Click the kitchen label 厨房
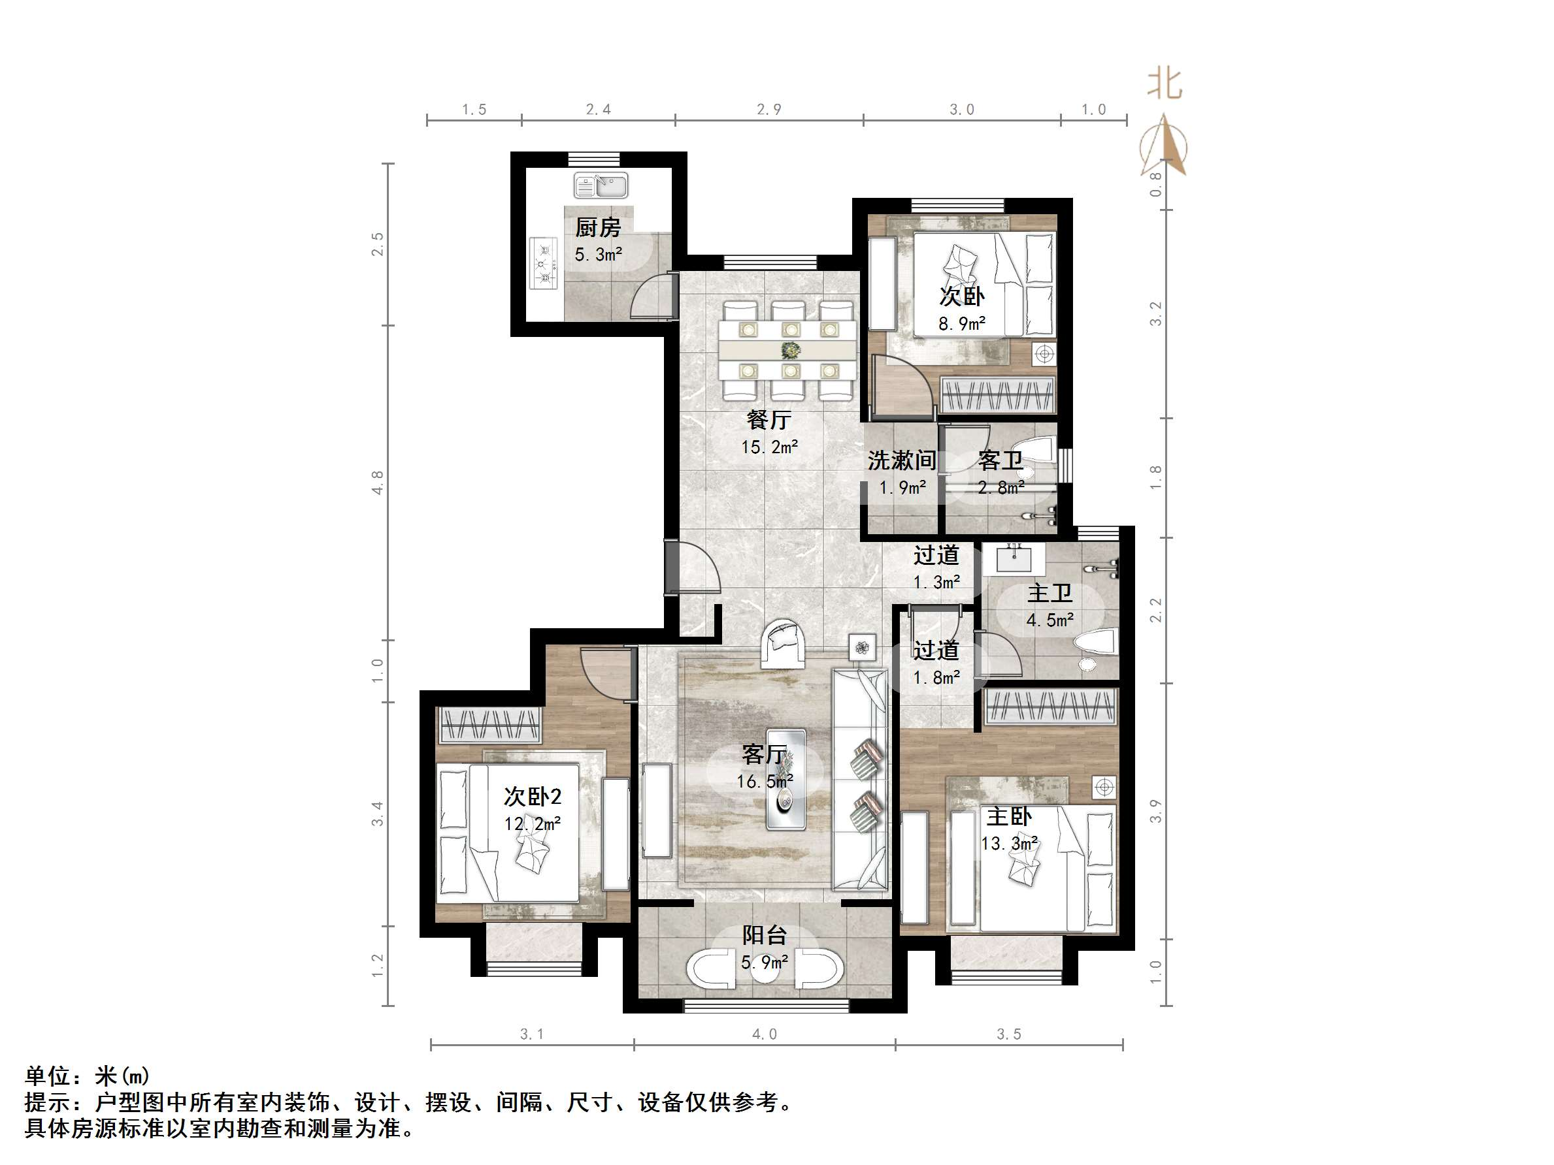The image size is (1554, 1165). pyautogui.click(x=598, y=228)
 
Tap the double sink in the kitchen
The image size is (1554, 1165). pyautogui.click(x=601, y=186)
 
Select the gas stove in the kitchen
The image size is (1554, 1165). pyautogui.click(x=544, y=264)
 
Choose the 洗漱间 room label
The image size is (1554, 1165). pyautogui.click(x=901, y=460)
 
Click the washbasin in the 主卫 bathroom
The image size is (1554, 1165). pyautogui.click(x=1014, y=560)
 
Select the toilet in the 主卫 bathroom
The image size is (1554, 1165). pyautogui.click(x=1095, y=644)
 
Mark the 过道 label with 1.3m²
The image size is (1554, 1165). pyautogui.click(x=936, y=556)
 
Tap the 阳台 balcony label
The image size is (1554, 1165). pyautogui.click(x=765, y=935)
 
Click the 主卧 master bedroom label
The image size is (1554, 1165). pyautogui.click(x=1009, y=817)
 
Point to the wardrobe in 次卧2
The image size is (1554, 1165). pyautogui.click(x=489, y=725)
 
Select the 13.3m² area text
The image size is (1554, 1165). pyautogui.click(x=1009, y=843)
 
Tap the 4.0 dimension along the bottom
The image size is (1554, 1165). pyautogui.click(x=765, y=1034)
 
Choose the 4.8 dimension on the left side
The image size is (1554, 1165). pyautogui.click(x=378, y=483)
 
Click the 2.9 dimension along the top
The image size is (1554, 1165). pyautogui.click(x=769, y=110)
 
